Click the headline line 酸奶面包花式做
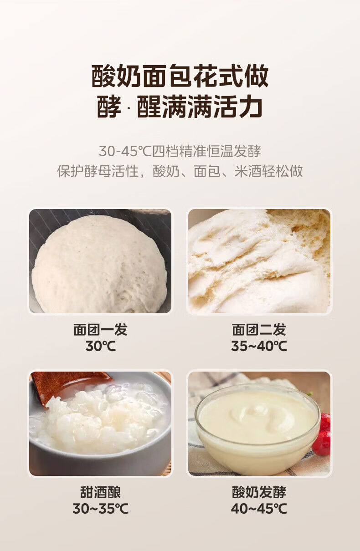[x=180, y=76]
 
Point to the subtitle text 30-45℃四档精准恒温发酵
[x=180, y=151]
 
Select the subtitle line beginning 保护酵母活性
[x=180, y=171]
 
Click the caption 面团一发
[x=100, y=330]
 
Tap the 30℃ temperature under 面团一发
[x=100, y=346]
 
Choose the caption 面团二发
[x=259, y=330]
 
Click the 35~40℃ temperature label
[x=259, y=346]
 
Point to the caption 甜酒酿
[x=100, y=492]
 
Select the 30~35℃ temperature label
[x=100, y=509]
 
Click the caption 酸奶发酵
[x=259, y=492]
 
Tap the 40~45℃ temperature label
[x=259, y=509]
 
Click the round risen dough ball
[x=99, y=265]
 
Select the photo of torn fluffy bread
[x=259, y=261]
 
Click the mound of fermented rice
[x=98, y=421]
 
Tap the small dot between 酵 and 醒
[x=129, y=108]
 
